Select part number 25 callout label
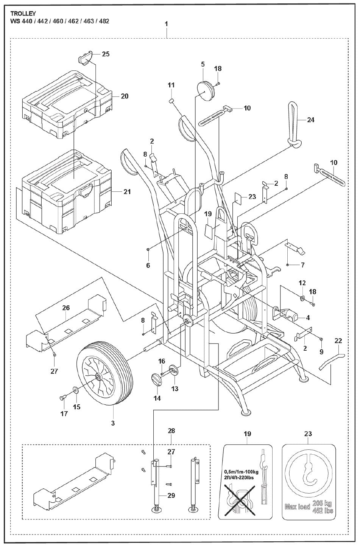click(x=106, y=54)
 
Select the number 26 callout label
click(x=66, y=308)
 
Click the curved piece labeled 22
click(x=330, y=360)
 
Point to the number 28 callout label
click(x=172, y=431)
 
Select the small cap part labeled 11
click(x=170, y=101)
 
